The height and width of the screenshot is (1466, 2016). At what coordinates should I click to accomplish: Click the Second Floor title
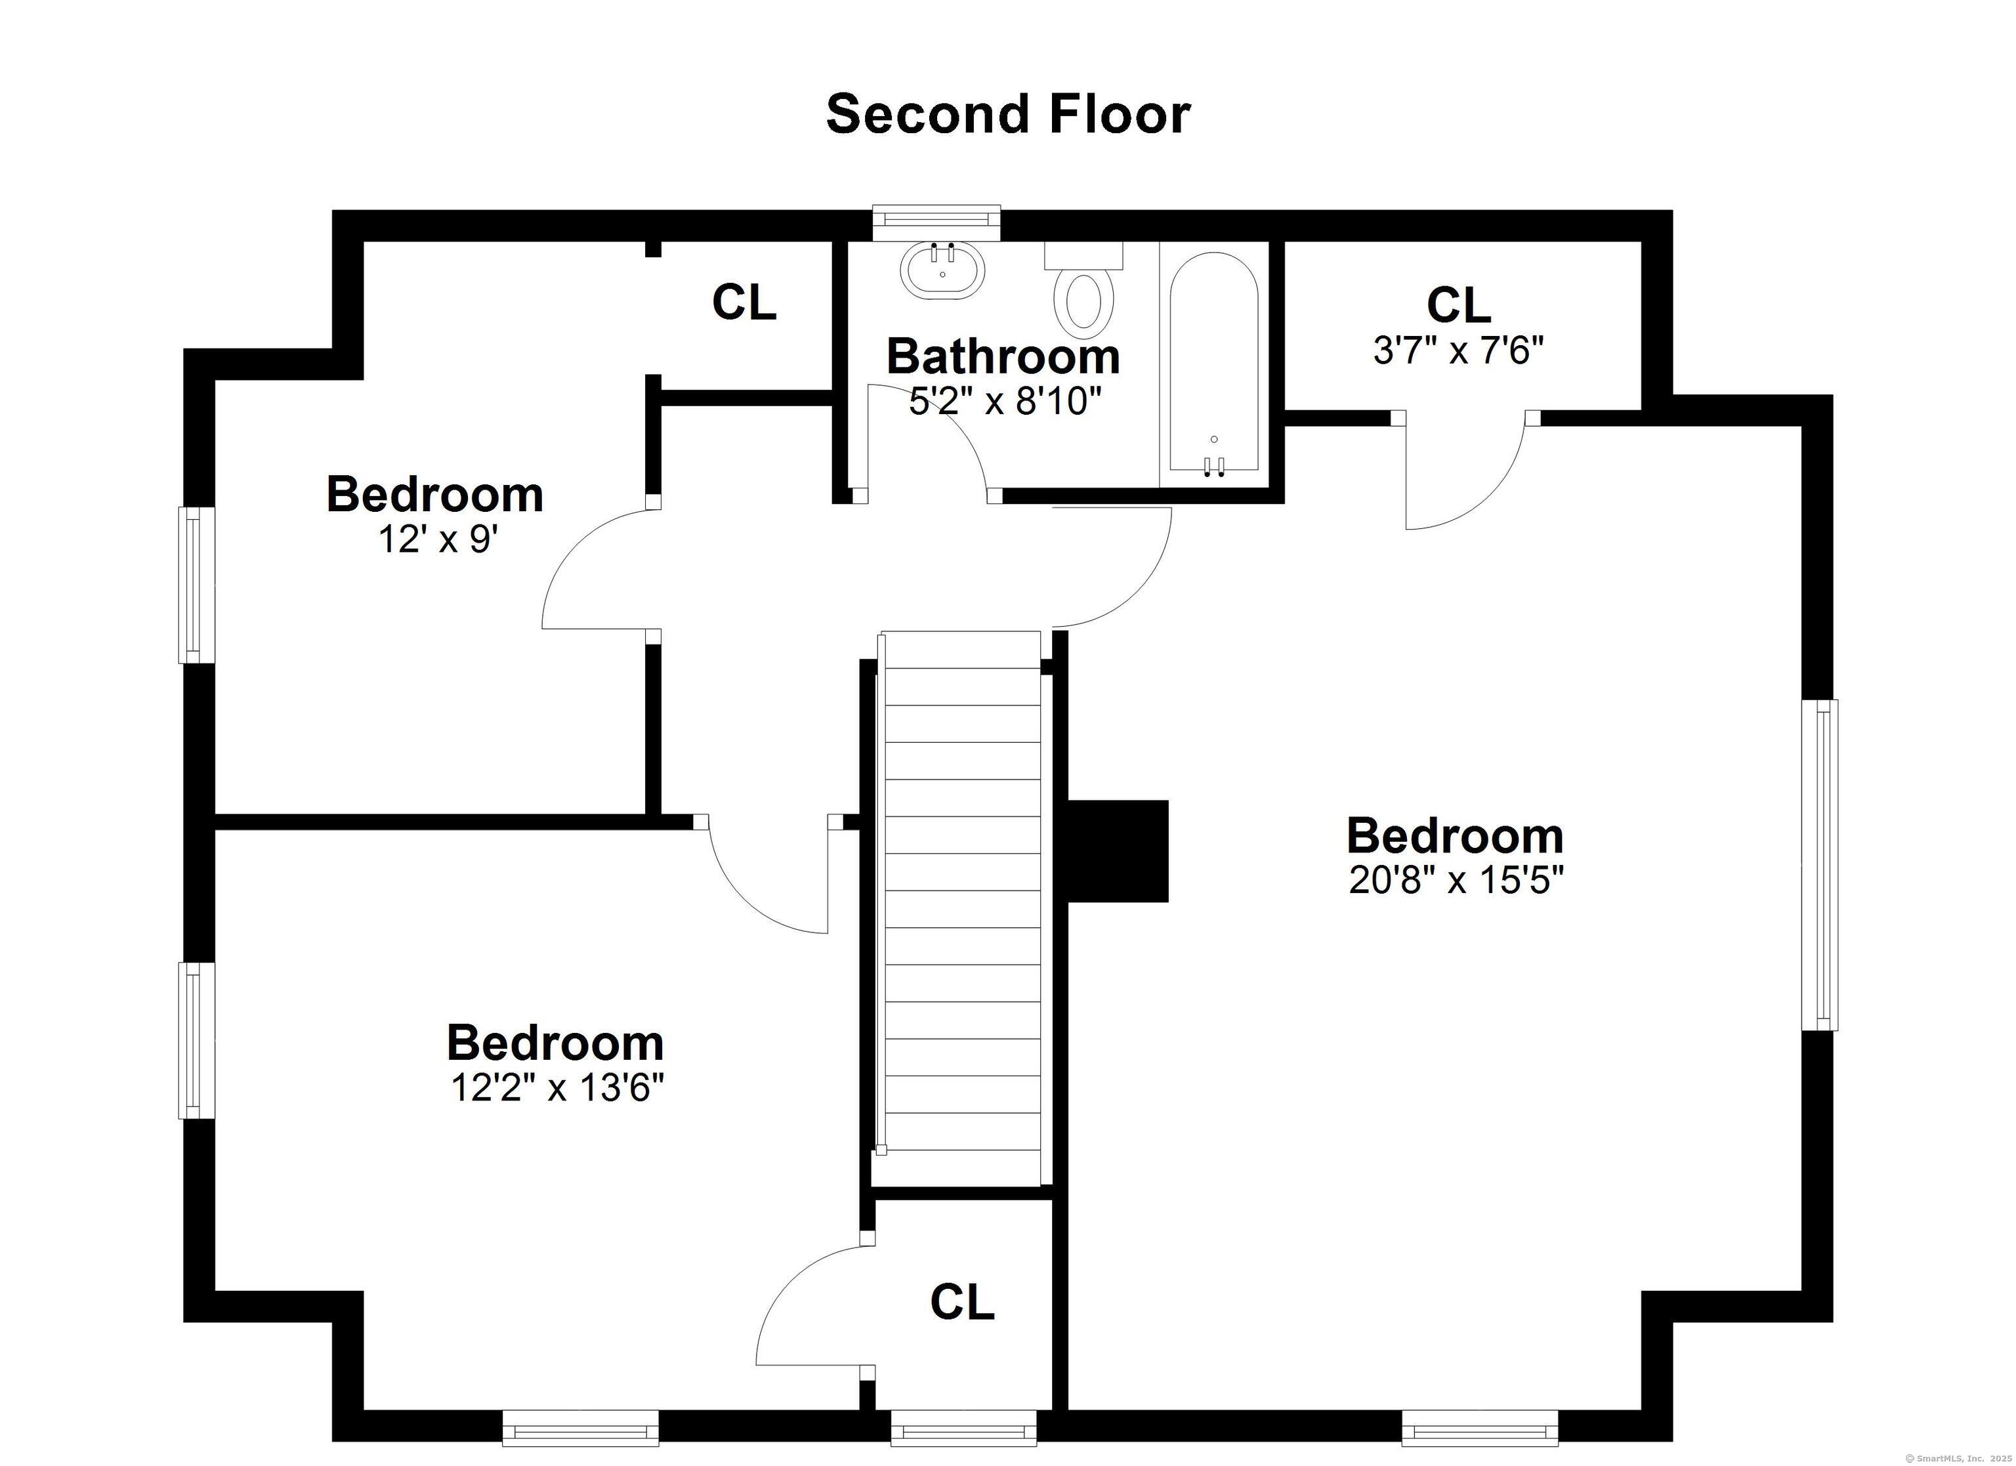[1008, 115]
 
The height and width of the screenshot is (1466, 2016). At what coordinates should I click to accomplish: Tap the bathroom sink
[942, 269]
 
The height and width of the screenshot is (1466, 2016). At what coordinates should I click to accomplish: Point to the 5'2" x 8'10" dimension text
[1005, 402]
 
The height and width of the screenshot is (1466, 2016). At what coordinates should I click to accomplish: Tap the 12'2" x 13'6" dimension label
[557, 1087]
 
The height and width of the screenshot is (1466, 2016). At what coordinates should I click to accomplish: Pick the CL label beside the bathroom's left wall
[744, 303]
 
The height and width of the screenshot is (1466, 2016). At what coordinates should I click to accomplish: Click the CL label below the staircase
[962, 1303]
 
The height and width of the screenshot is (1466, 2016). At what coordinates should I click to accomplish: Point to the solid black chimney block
[1118, 851]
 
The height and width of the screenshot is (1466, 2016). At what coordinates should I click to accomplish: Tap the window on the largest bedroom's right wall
[1820, 865]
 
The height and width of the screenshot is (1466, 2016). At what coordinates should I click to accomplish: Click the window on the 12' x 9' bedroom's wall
[196, 584]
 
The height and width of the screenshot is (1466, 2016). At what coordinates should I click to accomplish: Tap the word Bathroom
[1003, 356]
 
